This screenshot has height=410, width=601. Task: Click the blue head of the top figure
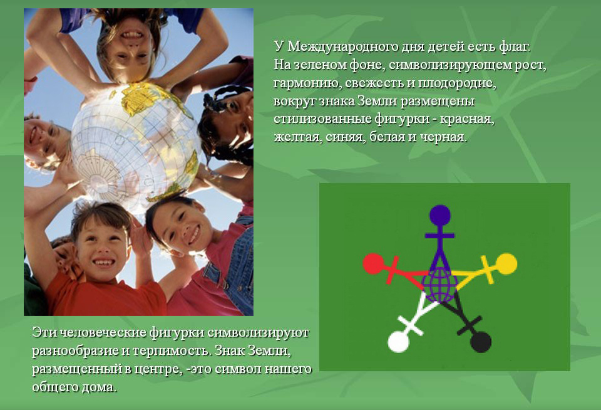coord(440,216)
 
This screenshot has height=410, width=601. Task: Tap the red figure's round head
coord(373,264)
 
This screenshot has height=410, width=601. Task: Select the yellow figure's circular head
coord(506,264)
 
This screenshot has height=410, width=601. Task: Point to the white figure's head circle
coord(399,342)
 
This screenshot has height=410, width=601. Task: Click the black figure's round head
coord(481,342)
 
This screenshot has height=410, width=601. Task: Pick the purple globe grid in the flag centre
coord(440,285)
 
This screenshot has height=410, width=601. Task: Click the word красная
coord(467,120)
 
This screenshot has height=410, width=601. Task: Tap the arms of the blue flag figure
coord(440,236)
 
